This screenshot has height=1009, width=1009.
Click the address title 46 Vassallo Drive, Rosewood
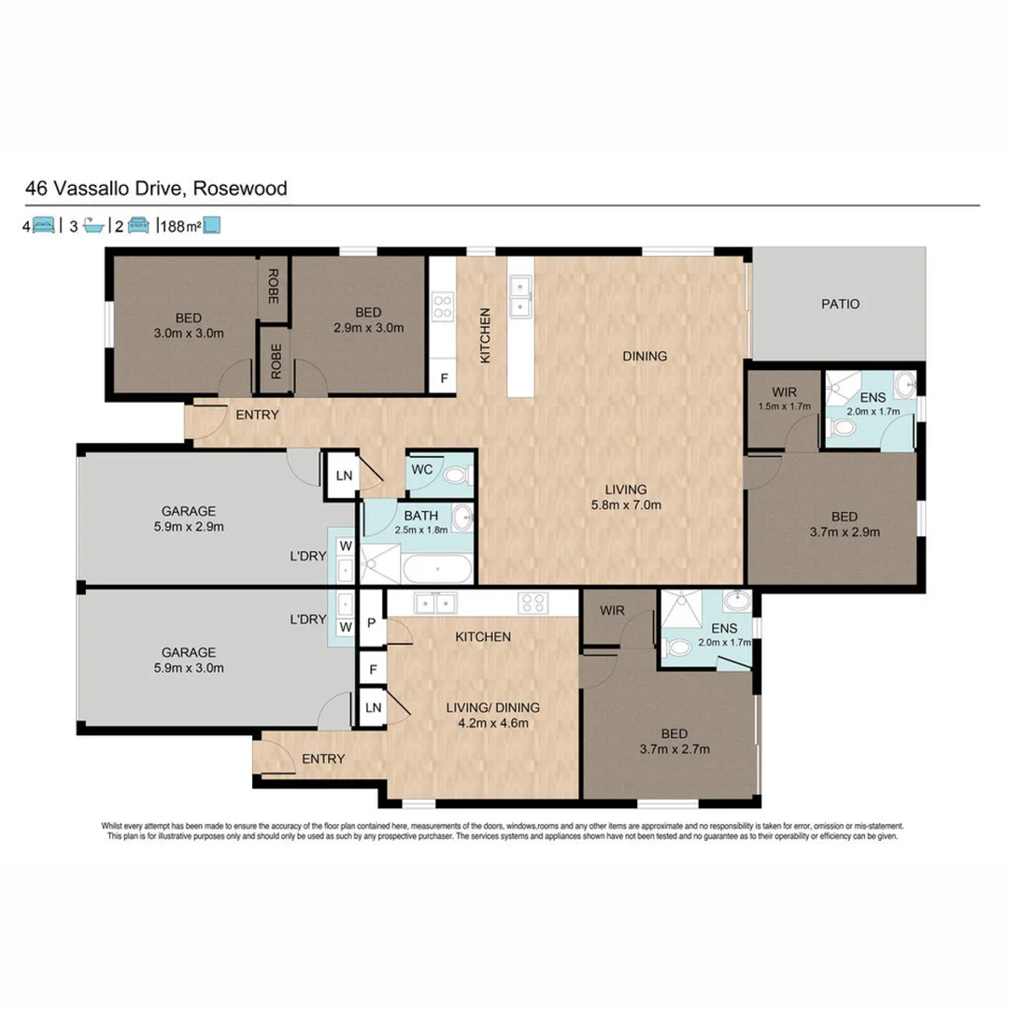coord(156,189)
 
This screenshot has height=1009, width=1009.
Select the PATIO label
coord(840,304)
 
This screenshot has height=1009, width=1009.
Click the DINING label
coord(646,356)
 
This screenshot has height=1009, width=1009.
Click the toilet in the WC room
coord(456,475)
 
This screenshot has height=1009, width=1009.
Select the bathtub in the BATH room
coord(436,568)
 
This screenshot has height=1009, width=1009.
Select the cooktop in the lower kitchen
coord(533,604)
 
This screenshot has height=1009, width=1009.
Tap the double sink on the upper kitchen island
coord(520,297)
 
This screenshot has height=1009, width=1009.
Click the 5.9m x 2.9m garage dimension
coord(188,526)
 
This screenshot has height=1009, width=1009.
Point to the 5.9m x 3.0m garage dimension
coord(188,667)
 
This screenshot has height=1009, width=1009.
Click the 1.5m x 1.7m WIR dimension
coord(783,407)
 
